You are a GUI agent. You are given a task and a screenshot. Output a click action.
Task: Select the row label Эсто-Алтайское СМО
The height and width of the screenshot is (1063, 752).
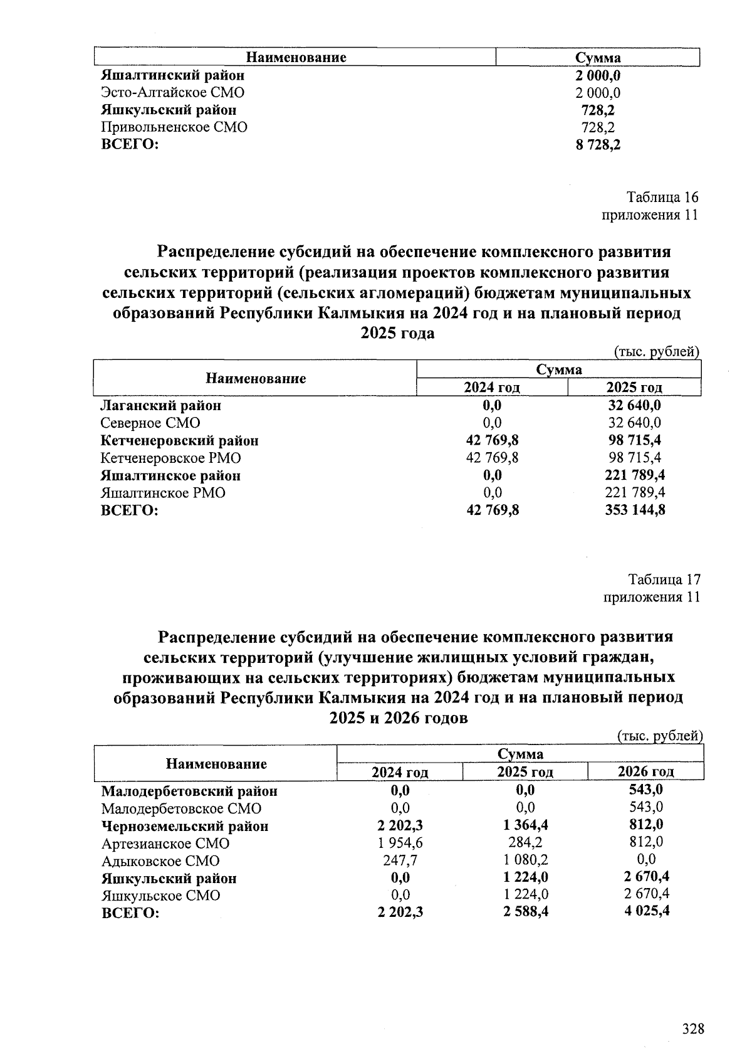(x=173, y=93)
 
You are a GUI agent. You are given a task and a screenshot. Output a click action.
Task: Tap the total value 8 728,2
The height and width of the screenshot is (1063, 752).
(x=598, y=145)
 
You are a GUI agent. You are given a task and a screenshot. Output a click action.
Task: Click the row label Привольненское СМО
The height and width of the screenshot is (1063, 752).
(x=174, y=127)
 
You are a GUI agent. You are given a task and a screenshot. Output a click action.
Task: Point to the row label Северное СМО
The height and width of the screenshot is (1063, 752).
(x=150, y=423)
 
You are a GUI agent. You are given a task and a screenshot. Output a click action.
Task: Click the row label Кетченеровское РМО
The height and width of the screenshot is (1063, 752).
(x=170, y=458)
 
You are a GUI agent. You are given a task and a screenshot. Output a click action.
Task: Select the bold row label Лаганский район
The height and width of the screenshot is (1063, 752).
(x=161, y=406)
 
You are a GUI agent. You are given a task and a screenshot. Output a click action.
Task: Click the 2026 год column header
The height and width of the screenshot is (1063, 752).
(x=645, y=772)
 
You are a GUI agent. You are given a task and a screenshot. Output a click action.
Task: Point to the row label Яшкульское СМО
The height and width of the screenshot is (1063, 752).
(x=160, y=896)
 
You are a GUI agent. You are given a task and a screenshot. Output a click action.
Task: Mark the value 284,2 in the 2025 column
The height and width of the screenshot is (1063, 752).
(x=525, y=844)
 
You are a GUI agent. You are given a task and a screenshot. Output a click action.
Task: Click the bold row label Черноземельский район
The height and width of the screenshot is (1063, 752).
(x=185, y=827)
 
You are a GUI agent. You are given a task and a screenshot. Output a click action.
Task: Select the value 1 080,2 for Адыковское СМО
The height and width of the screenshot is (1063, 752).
(x=525, y=861)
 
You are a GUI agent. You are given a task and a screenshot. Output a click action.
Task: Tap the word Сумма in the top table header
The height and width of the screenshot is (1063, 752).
(x=598, y=58)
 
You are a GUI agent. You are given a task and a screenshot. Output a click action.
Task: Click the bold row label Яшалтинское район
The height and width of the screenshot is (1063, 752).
(x=170, y=476)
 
